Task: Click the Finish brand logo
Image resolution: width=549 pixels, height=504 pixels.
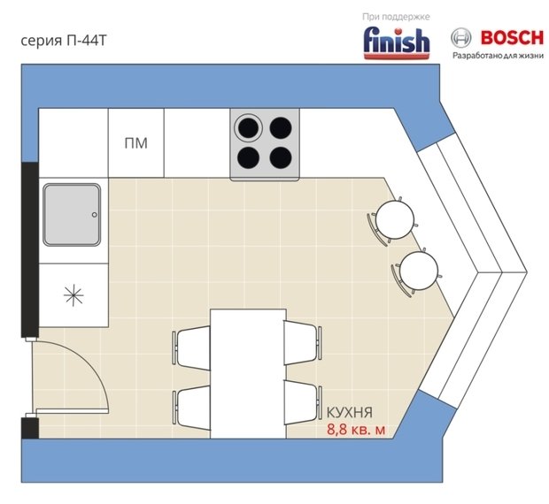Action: [x=397, y=43]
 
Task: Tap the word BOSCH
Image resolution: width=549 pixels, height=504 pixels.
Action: [x=512, y=38]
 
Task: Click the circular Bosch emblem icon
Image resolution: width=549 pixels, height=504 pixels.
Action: [x=460, y=38]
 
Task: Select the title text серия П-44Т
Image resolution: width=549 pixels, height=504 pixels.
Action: [x=64, y=41]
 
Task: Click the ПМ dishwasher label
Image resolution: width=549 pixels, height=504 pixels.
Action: [x=135, y=143]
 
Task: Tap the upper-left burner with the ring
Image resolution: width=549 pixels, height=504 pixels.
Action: [x=248, y=127]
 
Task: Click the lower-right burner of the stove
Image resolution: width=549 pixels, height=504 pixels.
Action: [x=281, y=157]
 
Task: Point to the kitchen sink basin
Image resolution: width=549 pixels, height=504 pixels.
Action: [x=72, y=215]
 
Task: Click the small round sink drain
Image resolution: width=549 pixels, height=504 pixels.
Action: [x=95, y=215]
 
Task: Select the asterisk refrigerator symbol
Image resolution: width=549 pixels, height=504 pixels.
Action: [x=73, y=295]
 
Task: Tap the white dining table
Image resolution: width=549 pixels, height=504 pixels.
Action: [x=248, y=373]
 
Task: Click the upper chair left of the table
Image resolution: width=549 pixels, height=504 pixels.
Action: [x=191, y=347]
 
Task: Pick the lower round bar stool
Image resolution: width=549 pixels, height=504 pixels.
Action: [x=417, y=271]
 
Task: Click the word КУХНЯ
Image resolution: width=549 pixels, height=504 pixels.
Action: [x=350, y=412]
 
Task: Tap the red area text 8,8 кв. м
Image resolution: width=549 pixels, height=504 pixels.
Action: [x=356, y=430]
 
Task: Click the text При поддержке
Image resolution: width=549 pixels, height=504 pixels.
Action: [x=396, y=17]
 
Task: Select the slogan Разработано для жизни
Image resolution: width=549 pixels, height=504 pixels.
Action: [x=498, y=56]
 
